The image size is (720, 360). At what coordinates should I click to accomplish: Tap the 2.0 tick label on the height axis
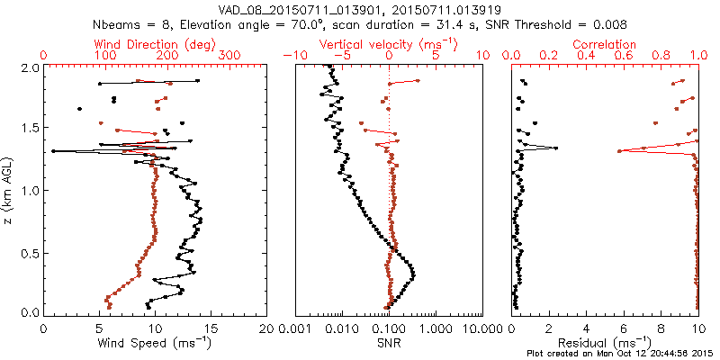point(29,67)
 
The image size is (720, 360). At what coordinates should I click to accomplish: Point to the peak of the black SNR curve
point(413,272)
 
